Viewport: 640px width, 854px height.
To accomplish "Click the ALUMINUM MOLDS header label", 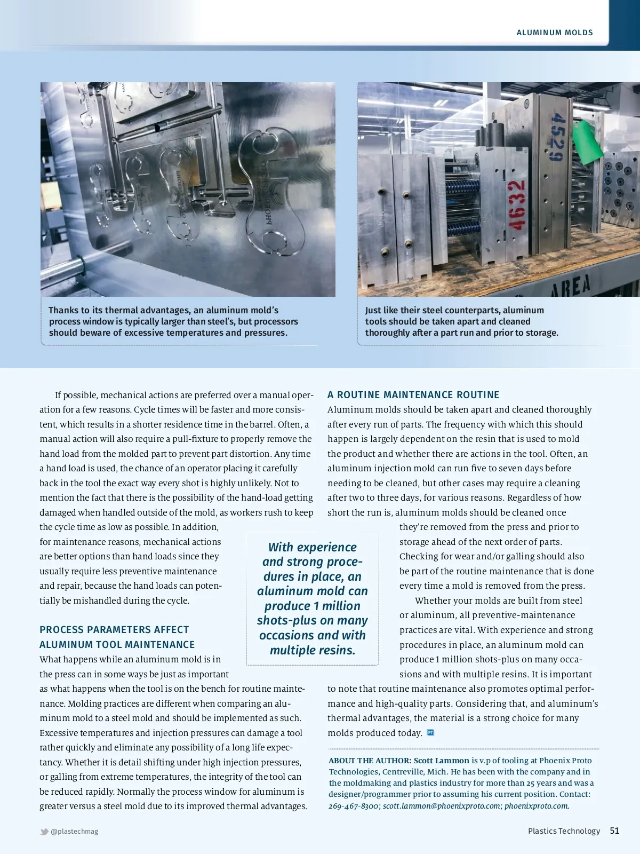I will pyautogui.click(x=555, y=33).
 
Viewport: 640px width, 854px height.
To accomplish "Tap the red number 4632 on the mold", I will pyautogui.click(x=516, y=205).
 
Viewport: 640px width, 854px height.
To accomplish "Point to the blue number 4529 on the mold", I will pyautogui.click(x=556, y=137).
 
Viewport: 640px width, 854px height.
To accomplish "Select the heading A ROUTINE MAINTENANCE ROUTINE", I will pyautogui.click(x=413, y=395).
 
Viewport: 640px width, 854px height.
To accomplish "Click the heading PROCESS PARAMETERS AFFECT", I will pyautogui.click(x=114, y=630).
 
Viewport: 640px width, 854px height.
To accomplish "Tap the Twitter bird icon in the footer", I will pyautogui.click(x=44, y=832).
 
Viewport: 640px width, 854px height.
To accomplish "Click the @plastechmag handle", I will pyautogui.click(x=75, y=832).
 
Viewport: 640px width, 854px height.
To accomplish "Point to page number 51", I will pyautogui.click(x=614, y=831).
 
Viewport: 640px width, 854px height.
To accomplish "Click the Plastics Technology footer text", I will pyautogui.click(x=564, y=831).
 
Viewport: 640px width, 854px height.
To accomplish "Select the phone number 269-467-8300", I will pyautogui.click(x=354, y=806).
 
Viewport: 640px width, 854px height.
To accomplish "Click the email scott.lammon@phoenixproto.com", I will pyautogui.click(x=442, y=806).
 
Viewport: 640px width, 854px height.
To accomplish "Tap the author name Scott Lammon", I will pyautogui.click(x=441, y=761).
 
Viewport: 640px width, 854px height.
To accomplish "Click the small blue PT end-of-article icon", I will pyautogui.click(x=430, y=733).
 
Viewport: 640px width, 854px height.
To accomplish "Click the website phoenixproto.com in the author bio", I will pyautogui.click(x=536, y=806).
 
